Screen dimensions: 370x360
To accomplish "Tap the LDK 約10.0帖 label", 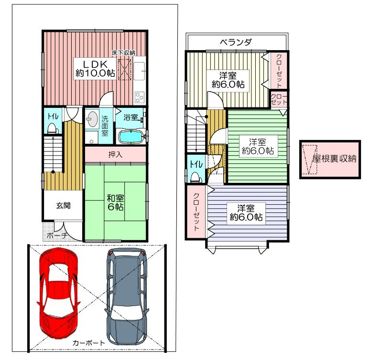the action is [x=95, y=69].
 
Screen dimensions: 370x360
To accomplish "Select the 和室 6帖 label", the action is [x=115, y=202].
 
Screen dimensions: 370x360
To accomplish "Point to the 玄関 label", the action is [x=63, y=206].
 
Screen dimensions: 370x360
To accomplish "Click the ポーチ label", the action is [x=57, y=235].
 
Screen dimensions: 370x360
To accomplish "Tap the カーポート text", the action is [x=88, y=342].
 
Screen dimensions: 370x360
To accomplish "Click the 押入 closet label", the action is [x=115, y=154].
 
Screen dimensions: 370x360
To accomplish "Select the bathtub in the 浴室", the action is [x=131, y=137].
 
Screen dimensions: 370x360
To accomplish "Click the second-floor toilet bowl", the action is [x=196, y=177].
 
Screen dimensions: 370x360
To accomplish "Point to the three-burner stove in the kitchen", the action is [x=139, y=97].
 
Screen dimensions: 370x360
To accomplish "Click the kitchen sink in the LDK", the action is [x=139, y=71].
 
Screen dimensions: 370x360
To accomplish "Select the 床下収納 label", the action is [x=123, y=53].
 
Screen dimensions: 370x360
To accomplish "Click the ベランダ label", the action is [x=236, y=42].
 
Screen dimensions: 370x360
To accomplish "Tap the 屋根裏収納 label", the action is [x=335, y=159].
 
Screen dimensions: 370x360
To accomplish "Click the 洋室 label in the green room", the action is [x=258, y=142].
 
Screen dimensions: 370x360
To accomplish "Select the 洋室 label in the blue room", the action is [x=246, y=209].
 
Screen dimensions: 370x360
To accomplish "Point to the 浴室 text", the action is [x=131, y=117].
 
